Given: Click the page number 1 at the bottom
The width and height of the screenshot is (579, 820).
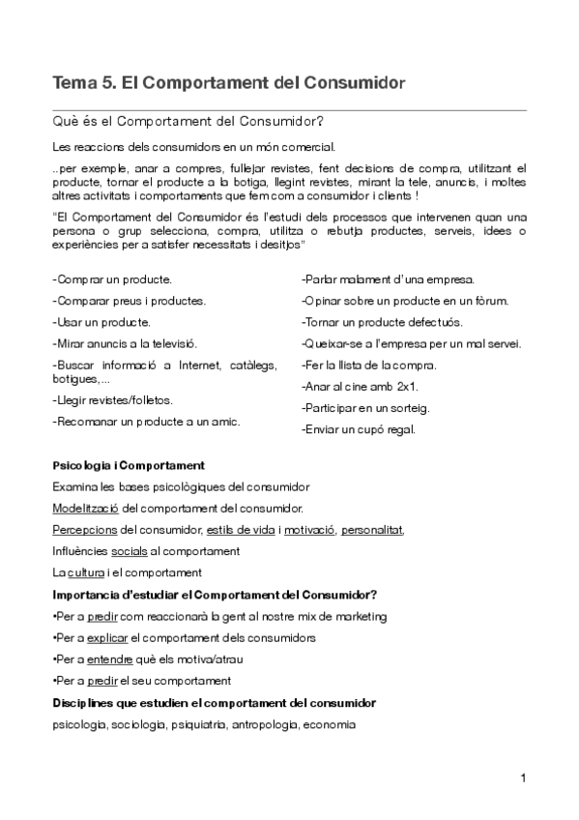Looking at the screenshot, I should (522, 777).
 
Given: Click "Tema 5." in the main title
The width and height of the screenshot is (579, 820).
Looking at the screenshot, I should (83, 84).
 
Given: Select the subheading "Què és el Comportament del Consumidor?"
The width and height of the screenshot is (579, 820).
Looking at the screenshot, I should (188, 123).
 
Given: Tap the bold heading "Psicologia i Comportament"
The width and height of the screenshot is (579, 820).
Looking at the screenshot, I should (129, 465).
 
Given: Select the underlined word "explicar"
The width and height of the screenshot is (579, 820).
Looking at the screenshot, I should (107, 637).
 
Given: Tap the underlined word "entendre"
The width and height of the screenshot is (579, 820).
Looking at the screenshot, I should (109, 659).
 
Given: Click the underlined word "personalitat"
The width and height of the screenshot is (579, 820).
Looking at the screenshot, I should (372, 529).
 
